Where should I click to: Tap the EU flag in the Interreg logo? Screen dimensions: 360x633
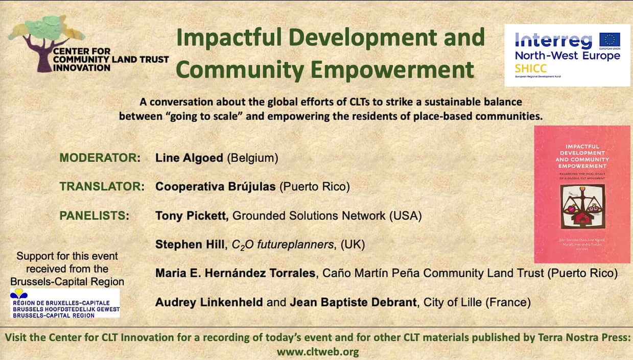[609, 40]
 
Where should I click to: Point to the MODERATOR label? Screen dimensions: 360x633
[100, 158]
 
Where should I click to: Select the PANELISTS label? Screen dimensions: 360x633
[94, 215]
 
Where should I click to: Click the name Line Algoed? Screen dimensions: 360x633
[189, 158]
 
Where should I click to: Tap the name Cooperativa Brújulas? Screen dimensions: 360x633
[216, 187]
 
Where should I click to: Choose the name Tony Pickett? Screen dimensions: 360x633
[192, 215]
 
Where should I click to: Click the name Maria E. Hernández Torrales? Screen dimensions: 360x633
[235, 274]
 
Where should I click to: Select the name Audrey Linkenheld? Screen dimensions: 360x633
[209, 302]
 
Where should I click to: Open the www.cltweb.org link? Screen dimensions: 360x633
[317, 352]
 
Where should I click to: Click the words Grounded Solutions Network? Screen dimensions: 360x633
[309, 215]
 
